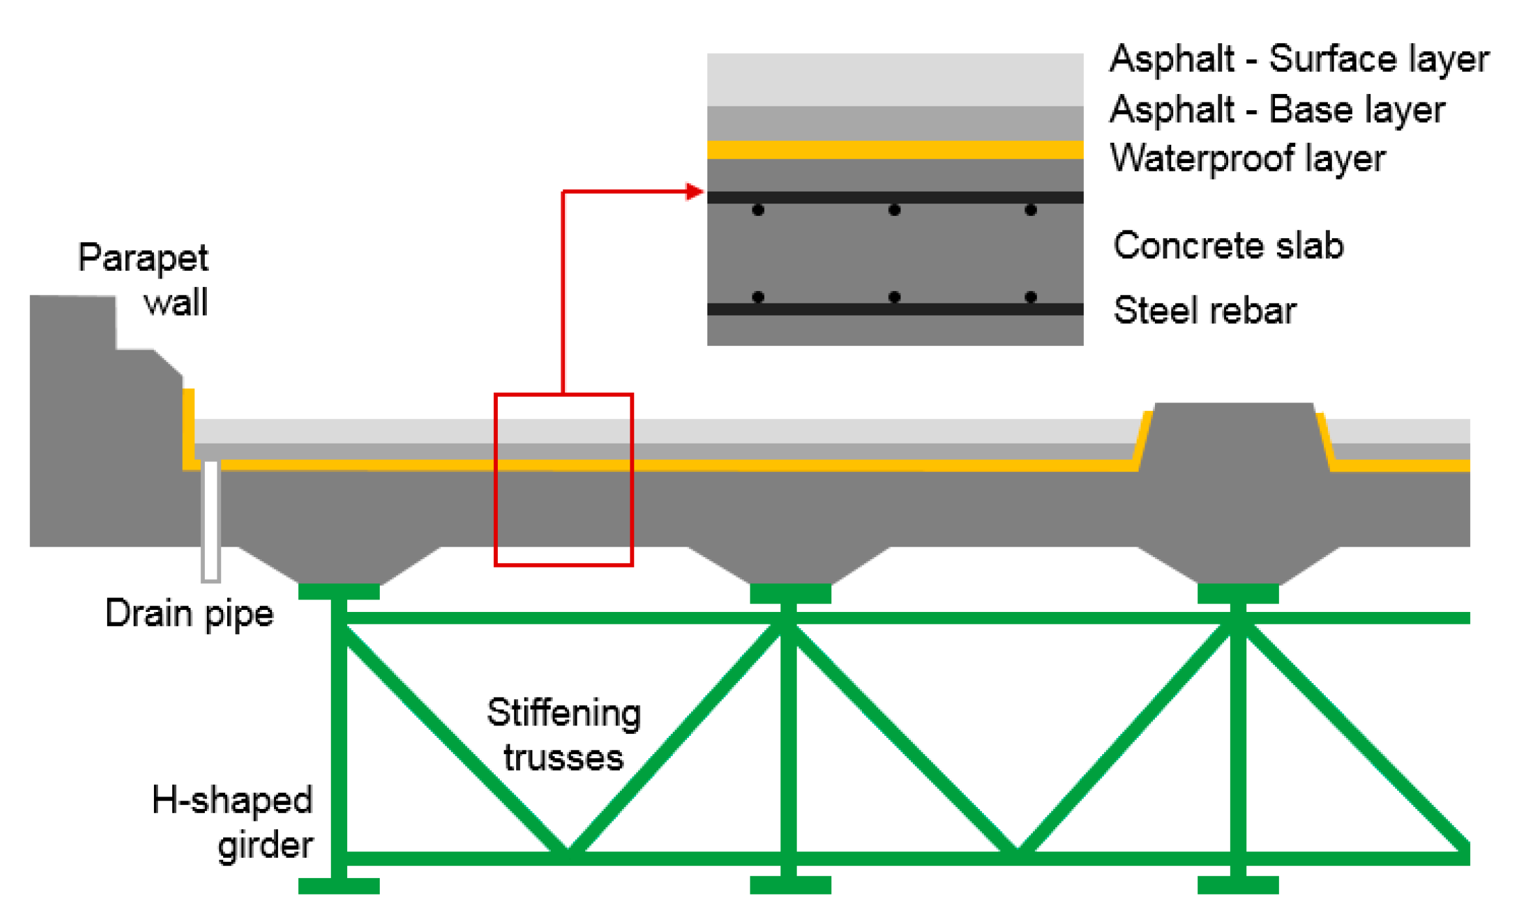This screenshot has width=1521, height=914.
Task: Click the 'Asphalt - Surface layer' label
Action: point(1298,59)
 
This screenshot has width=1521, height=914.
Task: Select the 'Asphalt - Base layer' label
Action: point(1276,110)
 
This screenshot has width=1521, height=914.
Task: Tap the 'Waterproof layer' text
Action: point(1247,159)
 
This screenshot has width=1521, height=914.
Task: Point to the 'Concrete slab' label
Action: point(1227,246)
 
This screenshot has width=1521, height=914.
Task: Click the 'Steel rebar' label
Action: point(1204,310)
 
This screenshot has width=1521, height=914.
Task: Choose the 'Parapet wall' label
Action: point(144,279)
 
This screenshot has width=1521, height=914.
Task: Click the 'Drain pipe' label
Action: point(189,614)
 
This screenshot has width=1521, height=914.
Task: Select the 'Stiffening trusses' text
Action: point(563,735)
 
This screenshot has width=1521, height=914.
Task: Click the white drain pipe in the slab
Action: point(210,522)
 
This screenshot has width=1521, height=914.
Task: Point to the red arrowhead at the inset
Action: point(694,192)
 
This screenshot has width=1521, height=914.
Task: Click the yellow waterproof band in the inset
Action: point(895,149)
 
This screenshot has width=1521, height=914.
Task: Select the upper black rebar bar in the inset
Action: point(895,197)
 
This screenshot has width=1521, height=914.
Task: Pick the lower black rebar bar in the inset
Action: point(895,309)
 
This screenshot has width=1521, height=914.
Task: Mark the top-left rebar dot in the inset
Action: point(758,210)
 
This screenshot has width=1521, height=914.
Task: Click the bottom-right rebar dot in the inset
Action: point(1030,297)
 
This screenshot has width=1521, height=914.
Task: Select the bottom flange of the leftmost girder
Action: point(339,885)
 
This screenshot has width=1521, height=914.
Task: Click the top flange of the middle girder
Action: point(790,593)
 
